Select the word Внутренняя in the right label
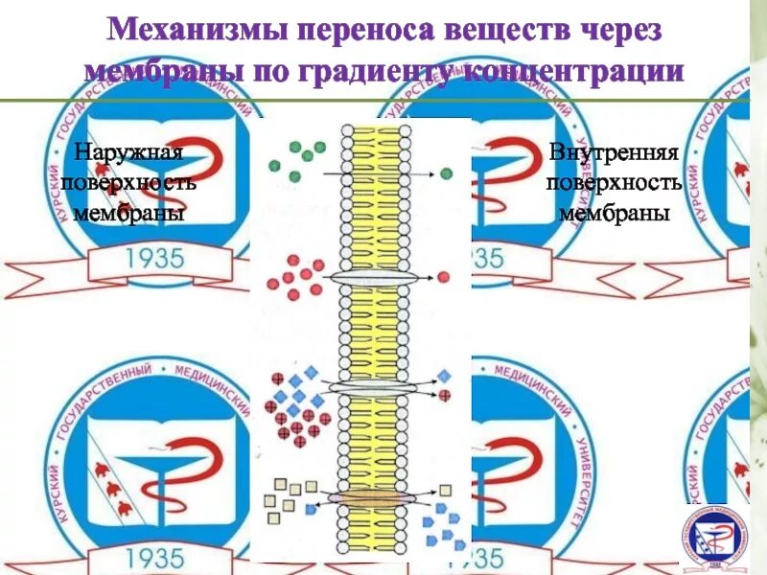[x=615, y=154]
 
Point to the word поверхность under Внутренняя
[x=615, y=183]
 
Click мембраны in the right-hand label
[x=615, y=212]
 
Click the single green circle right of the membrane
[x=447, y=173]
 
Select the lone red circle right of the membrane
[x=444, y=278]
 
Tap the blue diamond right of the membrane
[x=444, y=376]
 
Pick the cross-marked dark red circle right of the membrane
[x=444, y=395]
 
